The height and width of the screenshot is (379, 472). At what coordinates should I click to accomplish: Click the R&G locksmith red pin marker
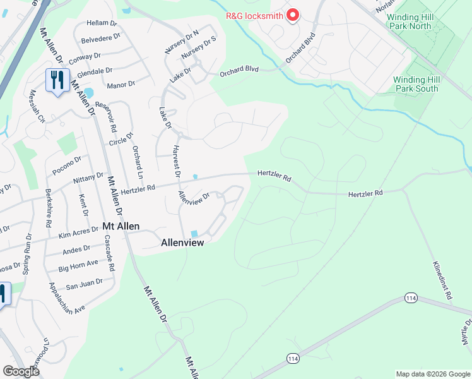293,15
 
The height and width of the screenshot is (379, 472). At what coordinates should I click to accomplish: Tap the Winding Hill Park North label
420,21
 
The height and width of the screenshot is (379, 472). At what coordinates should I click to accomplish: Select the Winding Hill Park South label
415,84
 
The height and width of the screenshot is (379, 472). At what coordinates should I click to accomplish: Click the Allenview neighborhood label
182,242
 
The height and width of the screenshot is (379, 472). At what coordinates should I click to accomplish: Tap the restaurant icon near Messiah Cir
56,80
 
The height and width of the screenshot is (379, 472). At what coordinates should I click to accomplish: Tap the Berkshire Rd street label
48,208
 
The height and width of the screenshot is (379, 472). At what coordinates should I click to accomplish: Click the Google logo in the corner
21,371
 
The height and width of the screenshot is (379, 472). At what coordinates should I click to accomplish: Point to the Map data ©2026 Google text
432,374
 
